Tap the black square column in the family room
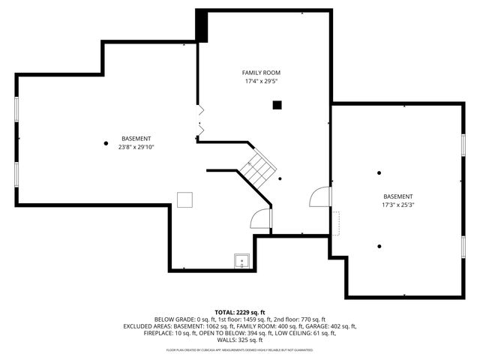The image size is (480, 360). click(x=277, y=105)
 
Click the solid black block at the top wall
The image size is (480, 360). click(x=202, y=26)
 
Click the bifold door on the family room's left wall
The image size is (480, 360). click(x=199, y=121)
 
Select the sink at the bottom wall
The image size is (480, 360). click(x=241, y=261)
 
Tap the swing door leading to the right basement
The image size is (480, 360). click(x=320, y=196)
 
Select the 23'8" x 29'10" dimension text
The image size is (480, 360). click(x=136, y=147)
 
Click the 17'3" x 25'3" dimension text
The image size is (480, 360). click(x=398, y=204)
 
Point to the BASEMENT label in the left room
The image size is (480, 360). click(x=136, y=139)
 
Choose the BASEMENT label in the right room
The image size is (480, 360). click(x=398, y=196)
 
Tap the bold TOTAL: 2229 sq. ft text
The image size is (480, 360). click(x=240, y=312)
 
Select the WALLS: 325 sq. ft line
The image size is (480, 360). click(x=240, y=340)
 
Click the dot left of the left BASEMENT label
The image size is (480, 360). click(x=105, y=142)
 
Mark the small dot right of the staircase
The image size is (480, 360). click(x=280, y=178)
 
